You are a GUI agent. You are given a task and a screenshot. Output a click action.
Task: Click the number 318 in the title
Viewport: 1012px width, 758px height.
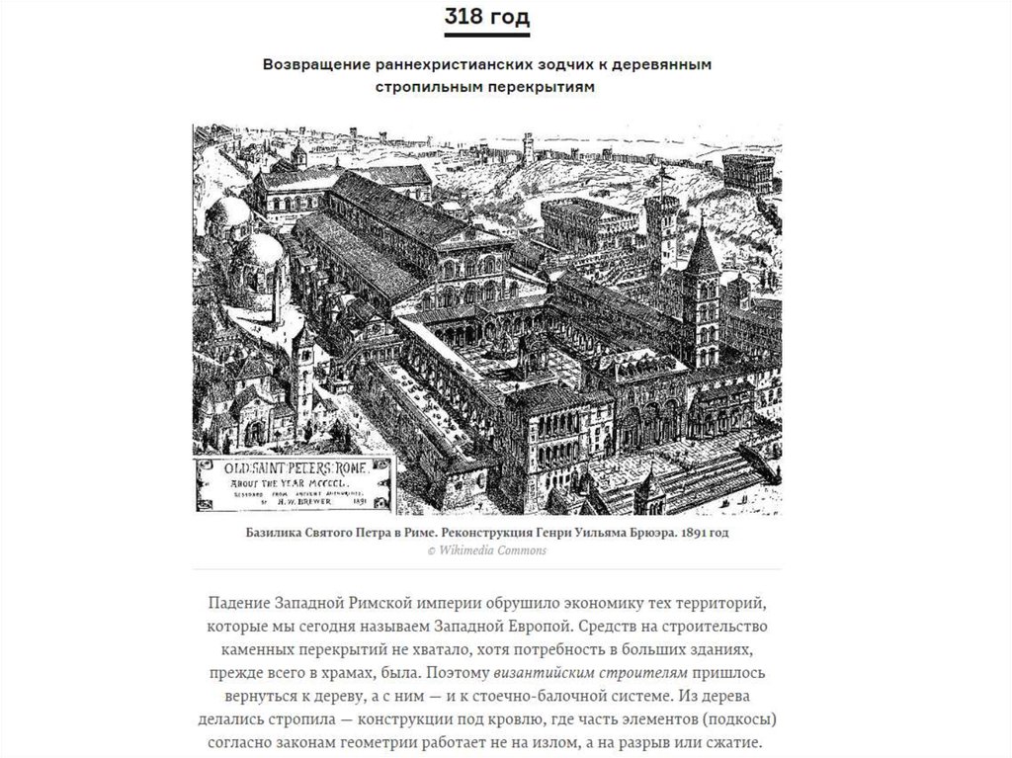465,17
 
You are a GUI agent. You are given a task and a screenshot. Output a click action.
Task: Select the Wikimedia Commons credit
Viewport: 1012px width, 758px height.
486,550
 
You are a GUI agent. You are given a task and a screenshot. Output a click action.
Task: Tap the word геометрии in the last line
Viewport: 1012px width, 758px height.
388,743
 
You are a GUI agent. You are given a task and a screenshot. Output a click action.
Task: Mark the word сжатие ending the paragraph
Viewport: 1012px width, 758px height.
737,743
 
